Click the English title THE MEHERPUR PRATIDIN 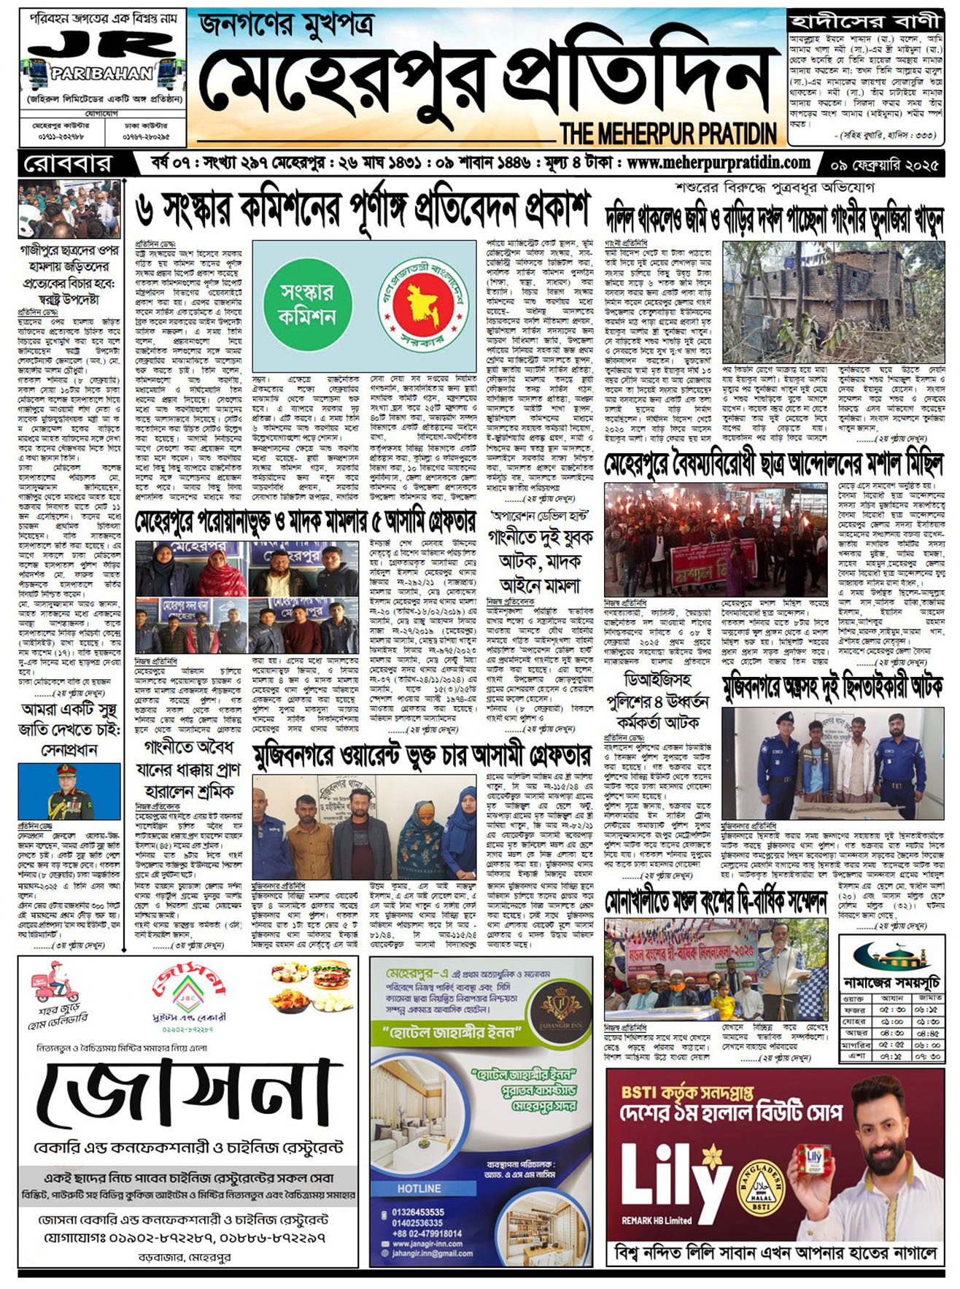(x=668, y=133)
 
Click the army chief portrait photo (x=69, y=791)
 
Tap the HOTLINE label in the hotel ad (x=419, y=1188)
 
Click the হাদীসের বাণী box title (x=864, y=20)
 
